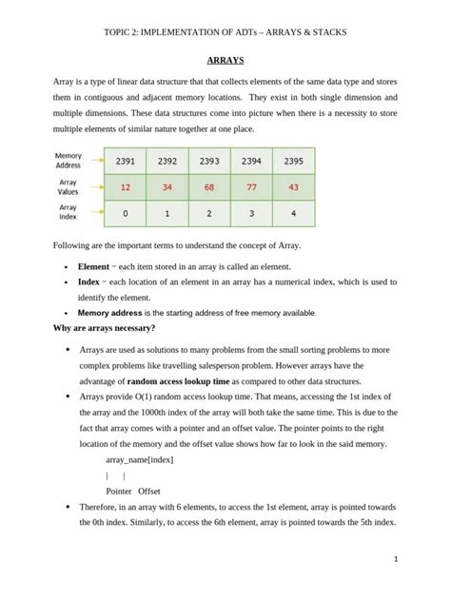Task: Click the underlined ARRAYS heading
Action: pos(225,60)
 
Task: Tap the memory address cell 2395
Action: pos(292,161)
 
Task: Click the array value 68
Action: pos(208,187)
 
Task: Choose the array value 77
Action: pos(251,187)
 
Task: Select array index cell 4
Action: pos(292,214)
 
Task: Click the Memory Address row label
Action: pos(69,160)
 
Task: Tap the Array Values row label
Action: pos(69,186)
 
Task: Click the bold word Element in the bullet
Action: pos(93,267)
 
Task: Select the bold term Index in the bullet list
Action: pos(88,282)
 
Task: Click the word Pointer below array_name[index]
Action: pos(118,491)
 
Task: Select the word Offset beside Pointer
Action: pos(149,491)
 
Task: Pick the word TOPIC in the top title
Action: pos(117,32)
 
